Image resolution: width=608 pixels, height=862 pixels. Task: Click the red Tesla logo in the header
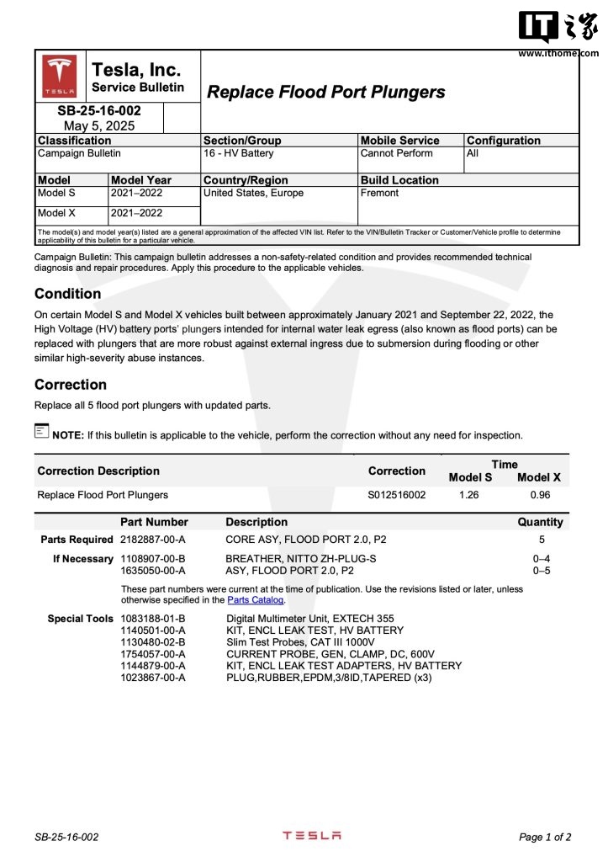tap(60, 76)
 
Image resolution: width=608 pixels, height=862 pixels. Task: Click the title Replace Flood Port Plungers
tap(325, 93)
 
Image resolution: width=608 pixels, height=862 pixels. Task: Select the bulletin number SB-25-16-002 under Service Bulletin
tap(99, 111)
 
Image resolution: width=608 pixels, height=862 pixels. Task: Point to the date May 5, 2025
tap(99, 125)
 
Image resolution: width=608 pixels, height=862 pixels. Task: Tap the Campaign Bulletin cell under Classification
tap(79, 154)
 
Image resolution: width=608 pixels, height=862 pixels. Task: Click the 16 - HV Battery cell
tap(238, 154)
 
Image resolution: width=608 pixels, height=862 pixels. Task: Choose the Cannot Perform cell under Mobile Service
tap(396, 154)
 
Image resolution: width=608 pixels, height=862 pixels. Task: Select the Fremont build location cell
tap(379, 194)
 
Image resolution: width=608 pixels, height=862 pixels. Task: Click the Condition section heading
tap(67, 294)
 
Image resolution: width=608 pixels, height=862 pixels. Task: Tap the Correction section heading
tap(71, 385)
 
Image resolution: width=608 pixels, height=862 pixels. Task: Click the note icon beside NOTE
tap(42, 431)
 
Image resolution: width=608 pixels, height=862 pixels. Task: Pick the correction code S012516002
tap(397, 495)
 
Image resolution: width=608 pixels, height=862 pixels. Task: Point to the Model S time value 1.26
tap(468, 495)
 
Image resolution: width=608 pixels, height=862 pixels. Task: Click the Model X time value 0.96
tap(539, 495)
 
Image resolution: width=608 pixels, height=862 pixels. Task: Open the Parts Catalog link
tap(256, 601)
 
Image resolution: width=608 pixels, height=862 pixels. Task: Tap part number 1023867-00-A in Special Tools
tap(153, 677)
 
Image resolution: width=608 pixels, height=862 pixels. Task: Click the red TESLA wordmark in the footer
tap(311, 836)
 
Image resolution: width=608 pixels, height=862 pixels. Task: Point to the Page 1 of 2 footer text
tap(545, 838)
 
